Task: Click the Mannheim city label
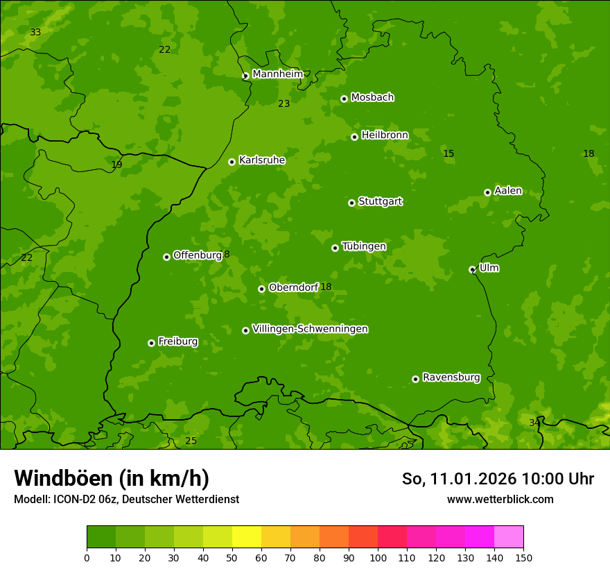coord(277,74)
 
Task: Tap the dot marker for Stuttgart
coord(351,203)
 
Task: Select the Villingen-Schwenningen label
coord(310,329)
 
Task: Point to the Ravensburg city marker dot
coord(415,379)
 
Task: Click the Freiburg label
coord(177,341)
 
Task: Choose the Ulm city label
coord(489,268)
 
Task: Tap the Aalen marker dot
coord(487,192)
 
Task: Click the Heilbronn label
coord(385,135)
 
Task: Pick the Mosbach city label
coord(372,98)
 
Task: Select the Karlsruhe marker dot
coord(232,162)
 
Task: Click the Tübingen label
coord(364,246)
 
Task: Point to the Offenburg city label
coord(198,255)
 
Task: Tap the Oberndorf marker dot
coord(261,289)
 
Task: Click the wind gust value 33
coord(35,33)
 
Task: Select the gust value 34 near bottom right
coord(534,423)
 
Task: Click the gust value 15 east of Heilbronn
coord(448,153)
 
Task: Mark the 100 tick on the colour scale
coord(378,557)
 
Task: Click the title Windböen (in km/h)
coord(112,478)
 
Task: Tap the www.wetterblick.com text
coord(500,499)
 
